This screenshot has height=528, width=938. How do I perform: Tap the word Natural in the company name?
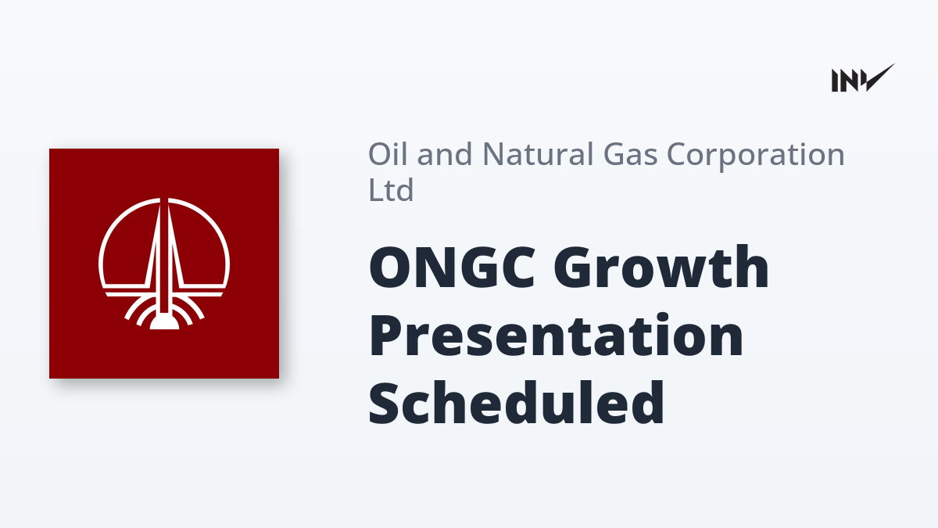(538, 154)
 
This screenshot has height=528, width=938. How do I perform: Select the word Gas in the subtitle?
(630, 154)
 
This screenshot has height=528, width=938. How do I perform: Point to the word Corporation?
(755, 156)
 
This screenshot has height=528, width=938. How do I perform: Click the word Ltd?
(391, 189)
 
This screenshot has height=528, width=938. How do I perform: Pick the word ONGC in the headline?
(452, 268)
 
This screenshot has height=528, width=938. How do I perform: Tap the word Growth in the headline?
(661, 267)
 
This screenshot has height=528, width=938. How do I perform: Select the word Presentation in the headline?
(556, 336)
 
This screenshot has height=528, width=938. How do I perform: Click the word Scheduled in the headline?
(517, 403)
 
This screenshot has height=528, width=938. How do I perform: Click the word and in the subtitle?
(445, 154)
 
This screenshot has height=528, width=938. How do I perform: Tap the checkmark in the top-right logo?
(880, 77)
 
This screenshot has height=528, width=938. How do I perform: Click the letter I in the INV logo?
(835, 81)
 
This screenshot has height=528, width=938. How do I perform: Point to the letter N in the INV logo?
(850, 81)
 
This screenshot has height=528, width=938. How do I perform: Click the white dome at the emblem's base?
(164, 321)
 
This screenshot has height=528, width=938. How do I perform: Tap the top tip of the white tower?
(164, 199)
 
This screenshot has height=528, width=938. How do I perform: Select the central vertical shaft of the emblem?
(164, 257)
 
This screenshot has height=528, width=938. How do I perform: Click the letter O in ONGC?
(391, 268)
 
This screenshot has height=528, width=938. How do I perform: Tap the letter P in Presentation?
(388, 336)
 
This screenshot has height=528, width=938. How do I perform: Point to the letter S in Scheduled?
(385, 403)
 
